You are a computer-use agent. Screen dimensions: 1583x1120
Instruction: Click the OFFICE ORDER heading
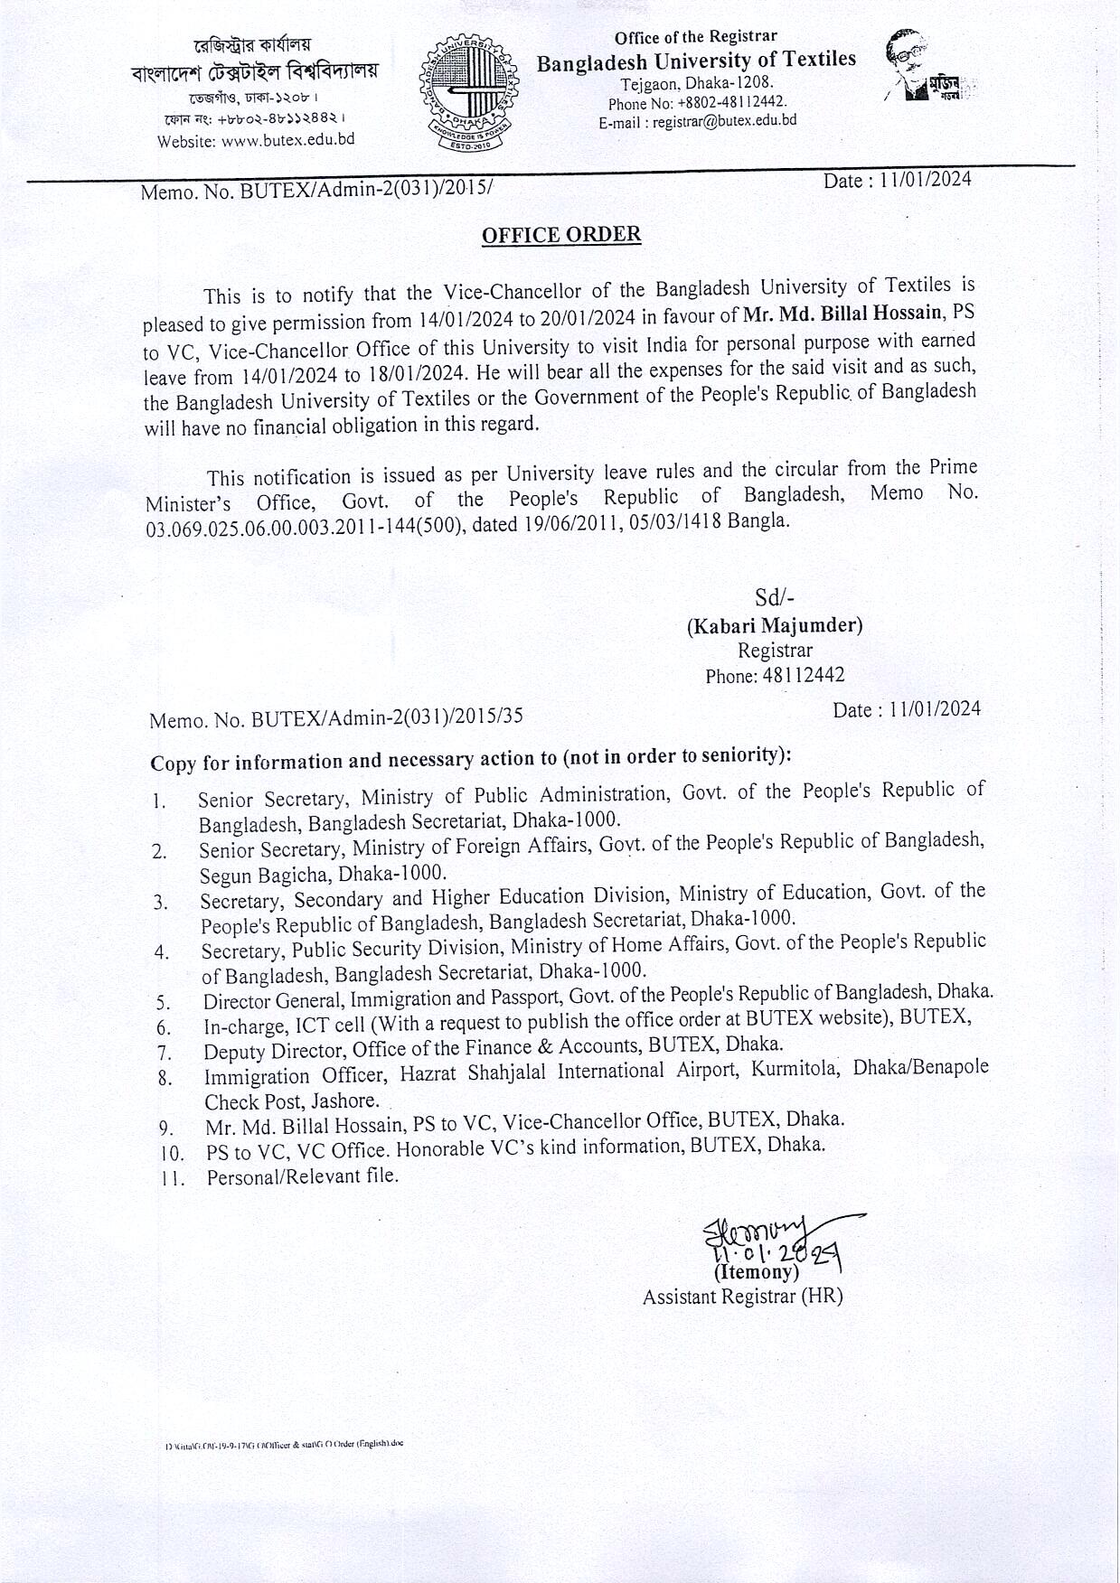pos(561,235)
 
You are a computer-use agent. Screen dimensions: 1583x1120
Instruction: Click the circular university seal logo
pos(468,93)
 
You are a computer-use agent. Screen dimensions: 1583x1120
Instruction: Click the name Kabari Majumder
pos(775,625)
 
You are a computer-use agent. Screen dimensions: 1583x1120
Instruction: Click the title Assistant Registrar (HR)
pos(742,1297)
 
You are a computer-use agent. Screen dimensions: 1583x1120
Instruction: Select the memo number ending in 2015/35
pos(336,718)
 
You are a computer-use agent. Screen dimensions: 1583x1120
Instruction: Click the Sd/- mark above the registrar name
pos(775,598)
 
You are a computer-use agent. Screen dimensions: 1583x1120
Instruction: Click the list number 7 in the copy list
pos(164,1053)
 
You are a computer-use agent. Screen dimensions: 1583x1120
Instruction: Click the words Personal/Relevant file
pos(302,1176)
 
